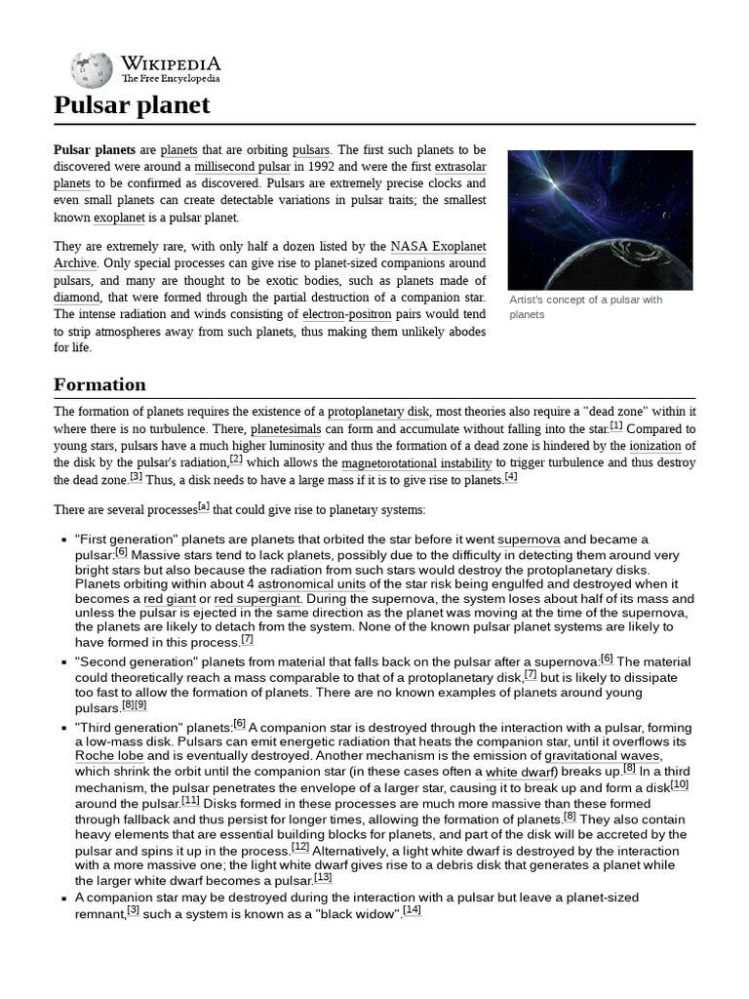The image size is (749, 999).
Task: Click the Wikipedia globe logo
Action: [x=91, y=69]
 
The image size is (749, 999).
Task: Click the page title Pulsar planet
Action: [x=132, y=105]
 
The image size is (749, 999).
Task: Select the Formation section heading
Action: [x=99, y=384]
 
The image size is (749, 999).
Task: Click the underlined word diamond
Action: [x=77, y=297]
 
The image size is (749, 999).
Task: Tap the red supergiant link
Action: [x=258, y=599]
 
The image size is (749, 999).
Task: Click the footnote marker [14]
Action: [x=412, y=910]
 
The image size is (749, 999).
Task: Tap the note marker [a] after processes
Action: [x=203, y=505]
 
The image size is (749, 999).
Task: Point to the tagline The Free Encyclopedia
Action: [x=171, y=78]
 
